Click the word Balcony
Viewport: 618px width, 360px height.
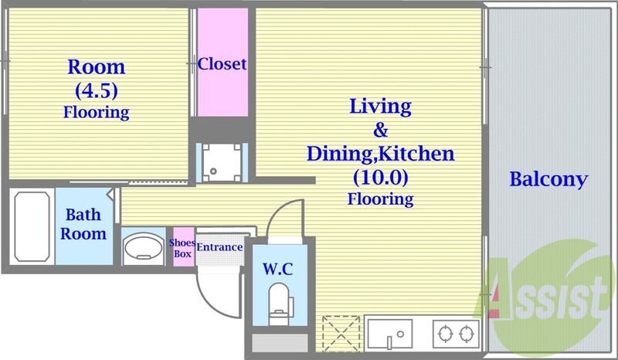[548, 180]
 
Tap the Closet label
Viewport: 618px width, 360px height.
[222, 64]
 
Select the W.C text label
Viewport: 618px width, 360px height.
[277, 270]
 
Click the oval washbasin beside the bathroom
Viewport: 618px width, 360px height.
[143, 249]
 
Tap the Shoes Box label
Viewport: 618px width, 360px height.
[182, 247]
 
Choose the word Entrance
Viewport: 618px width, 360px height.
[219, 247]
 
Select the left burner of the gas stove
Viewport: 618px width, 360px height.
[446, 335]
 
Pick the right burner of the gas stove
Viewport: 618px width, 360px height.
[466, 335]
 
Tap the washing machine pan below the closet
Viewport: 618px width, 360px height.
[221, 162]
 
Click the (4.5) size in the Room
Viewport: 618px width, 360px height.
[96, 90]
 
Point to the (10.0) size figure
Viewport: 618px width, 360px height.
[380, 178]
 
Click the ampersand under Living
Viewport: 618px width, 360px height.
[380, 129]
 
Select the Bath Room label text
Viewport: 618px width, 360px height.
[84, 224]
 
